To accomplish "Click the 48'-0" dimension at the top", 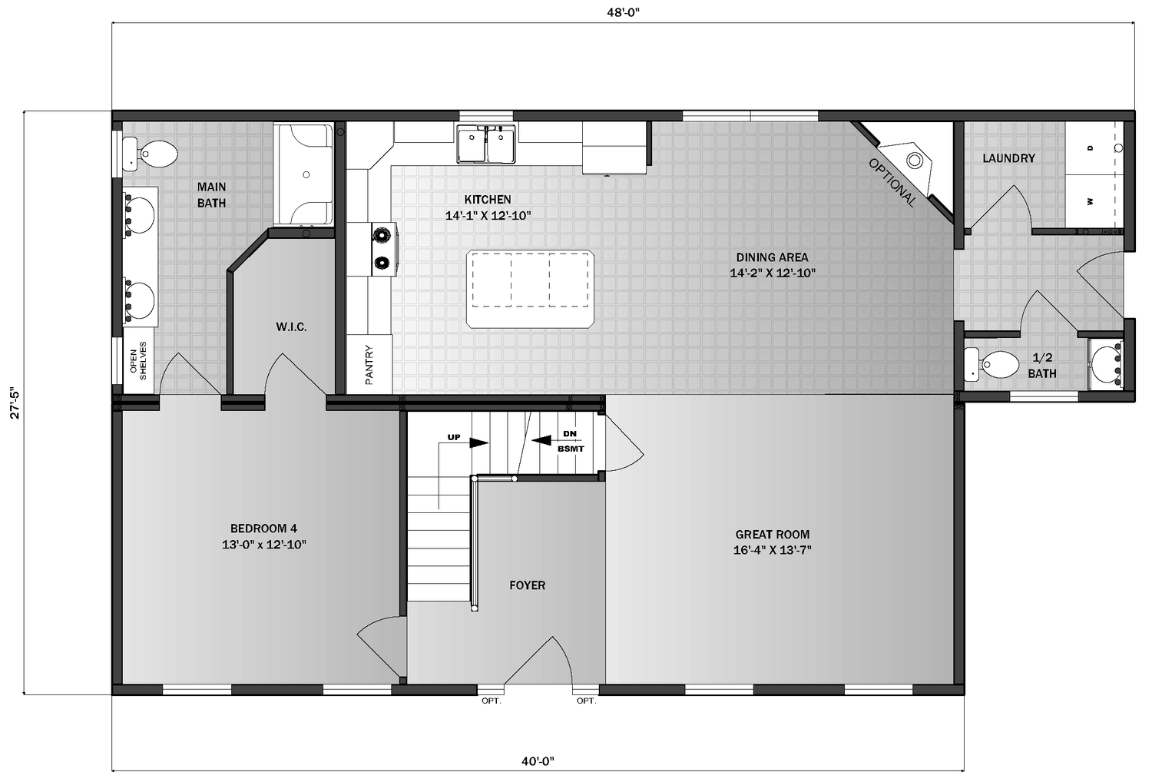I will point(623,12).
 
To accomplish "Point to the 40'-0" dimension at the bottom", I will point(538,761).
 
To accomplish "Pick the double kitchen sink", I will point(485,144).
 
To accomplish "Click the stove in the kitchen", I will point(382,249).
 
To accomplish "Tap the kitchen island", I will point(530,289).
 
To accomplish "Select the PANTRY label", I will point(369,364).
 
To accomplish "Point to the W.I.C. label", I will point(291,327).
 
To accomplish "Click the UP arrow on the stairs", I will point(478,442).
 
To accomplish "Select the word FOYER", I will point(527,585).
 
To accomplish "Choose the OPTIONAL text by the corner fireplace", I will point(892,183).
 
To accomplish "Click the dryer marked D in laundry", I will point(1091,147).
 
